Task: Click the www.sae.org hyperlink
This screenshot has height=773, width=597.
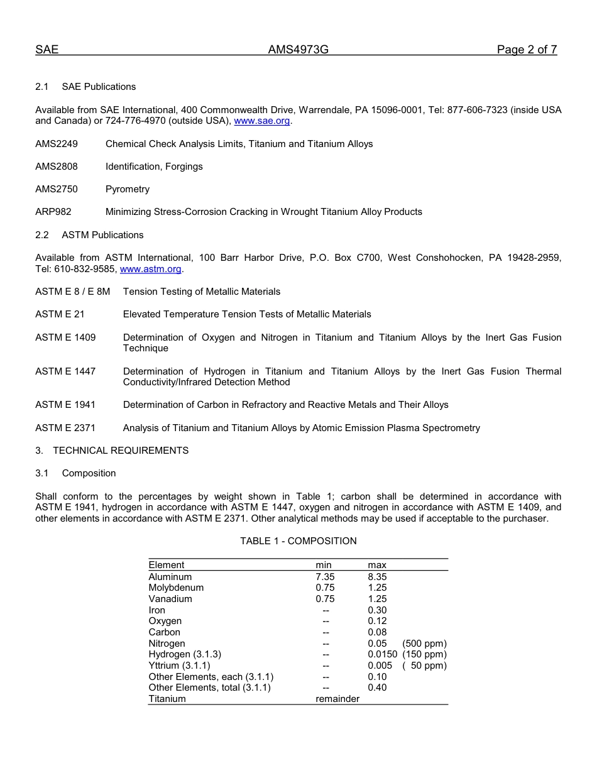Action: click(x=261, y=121)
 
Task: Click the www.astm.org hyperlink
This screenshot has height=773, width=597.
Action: click(x=150, y=269)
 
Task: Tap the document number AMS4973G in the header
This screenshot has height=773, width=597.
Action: click(x=298, y=50)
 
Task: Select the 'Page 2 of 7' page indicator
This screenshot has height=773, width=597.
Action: click(x=527, y=50)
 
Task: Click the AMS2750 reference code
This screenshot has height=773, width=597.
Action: click(x=57, y=189)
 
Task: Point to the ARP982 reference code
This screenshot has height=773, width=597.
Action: click(x=53, y=212)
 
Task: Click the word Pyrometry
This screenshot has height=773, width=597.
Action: click(x=128, y=189)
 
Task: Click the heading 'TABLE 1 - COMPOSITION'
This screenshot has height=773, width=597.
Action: click(x=298, y=541)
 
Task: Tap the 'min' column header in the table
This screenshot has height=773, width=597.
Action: click(x=324, y=565)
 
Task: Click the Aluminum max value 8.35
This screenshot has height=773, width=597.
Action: click(x=377, y=577)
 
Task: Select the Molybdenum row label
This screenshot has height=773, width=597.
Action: click(x=176, y=588)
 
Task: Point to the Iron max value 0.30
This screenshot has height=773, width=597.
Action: click(x=377, y=610)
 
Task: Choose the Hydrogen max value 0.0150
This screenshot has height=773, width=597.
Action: click(x=382, y=654)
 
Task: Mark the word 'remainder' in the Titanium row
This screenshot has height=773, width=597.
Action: click(x=337, y=699)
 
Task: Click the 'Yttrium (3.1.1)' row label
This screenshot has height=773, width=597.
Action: click(x=179, y=666)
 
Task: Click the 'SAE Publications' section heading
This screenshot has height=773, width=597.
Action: click(x=99, y=87)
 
